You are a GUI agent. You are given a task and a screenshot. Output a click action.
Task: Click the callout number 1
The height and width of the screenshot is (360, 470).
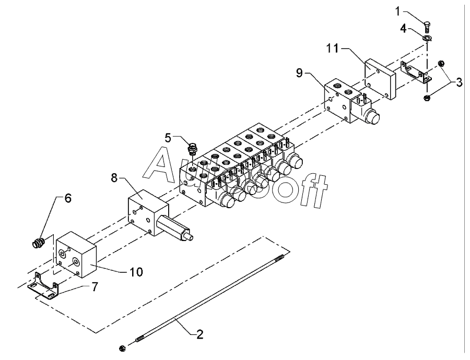point(398,11)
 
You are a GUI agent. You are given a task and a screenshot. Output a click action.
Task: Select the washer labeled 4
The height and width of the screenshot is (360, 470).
point(427,38)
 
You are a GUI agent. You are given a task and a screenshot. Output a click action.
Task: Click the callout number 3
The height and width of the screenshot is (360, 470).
point(459,82)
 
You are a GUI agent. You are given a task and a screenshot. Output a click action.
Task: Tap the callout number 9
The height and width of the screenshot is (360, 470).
point(299,73)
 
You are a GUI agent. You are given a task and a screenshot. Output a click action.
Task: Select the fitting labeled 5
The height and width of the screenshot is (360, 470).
point(192,149)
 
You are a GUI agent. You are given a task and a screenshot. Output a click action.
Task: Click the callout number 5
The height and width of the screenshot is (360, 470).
point(168,138)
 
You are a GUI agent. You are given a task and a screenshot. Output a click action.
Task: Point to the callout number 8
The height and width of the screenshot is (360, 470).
point(114,177)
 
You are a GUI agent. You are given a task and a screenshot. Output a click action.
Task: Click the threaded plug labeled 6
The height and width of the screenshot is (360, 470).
point(39,243)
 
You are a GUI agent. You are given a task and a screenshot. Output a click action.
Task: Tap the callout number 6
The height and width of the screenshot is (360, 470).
point(68,198)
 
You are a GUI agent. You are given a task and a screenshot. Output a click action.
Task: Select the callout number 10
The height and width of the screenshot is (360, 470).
point(136,272)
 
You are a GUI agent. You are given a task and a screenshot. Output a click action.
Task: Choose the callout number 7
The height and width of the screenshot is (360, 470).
point(95,287)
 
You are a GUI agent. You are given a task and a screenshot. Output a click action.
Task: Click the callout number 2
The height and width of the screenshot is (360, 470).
point(199,334)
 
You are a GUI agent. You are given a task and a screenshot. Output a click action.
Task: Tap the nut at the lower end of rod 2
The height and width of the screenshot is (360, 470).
point(122,348)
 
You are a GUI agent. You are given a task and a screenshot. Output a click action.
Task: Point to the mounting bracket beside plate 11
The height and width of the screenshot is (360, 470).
point(417,73)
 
